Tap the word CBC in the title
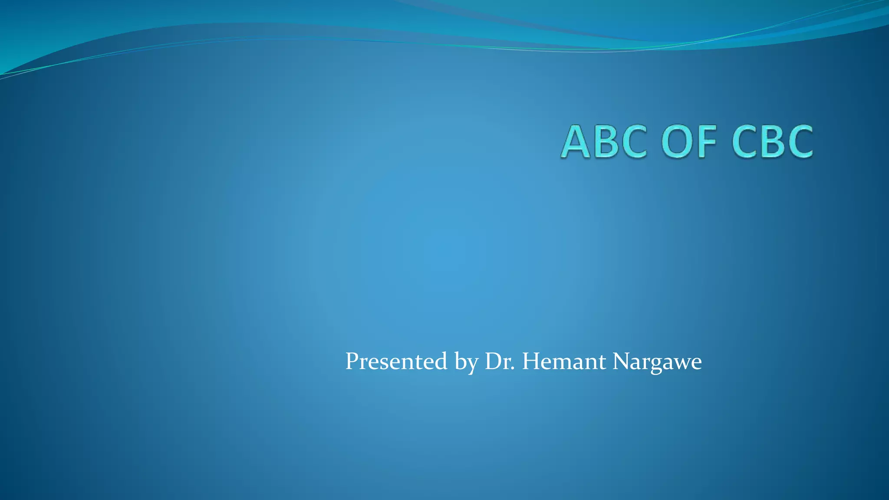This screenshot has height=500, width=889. (x=772, y=142)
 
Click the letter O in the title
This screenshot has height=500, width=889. (x=678, y=142)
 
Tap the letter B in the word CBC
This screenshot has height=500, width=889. (x=773, y=142)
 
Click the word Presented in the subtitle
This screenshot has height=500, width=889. (x=396, y=361)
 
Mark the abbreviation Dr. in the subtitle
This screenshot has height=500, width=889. (x=500, y=361)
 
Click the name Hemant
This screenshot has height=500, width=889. (x=563, y=361)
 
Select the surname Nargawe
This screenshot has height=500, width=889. (x=657, y=362)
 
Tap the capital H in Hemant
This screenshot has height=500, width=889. (x=531, y=361)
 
